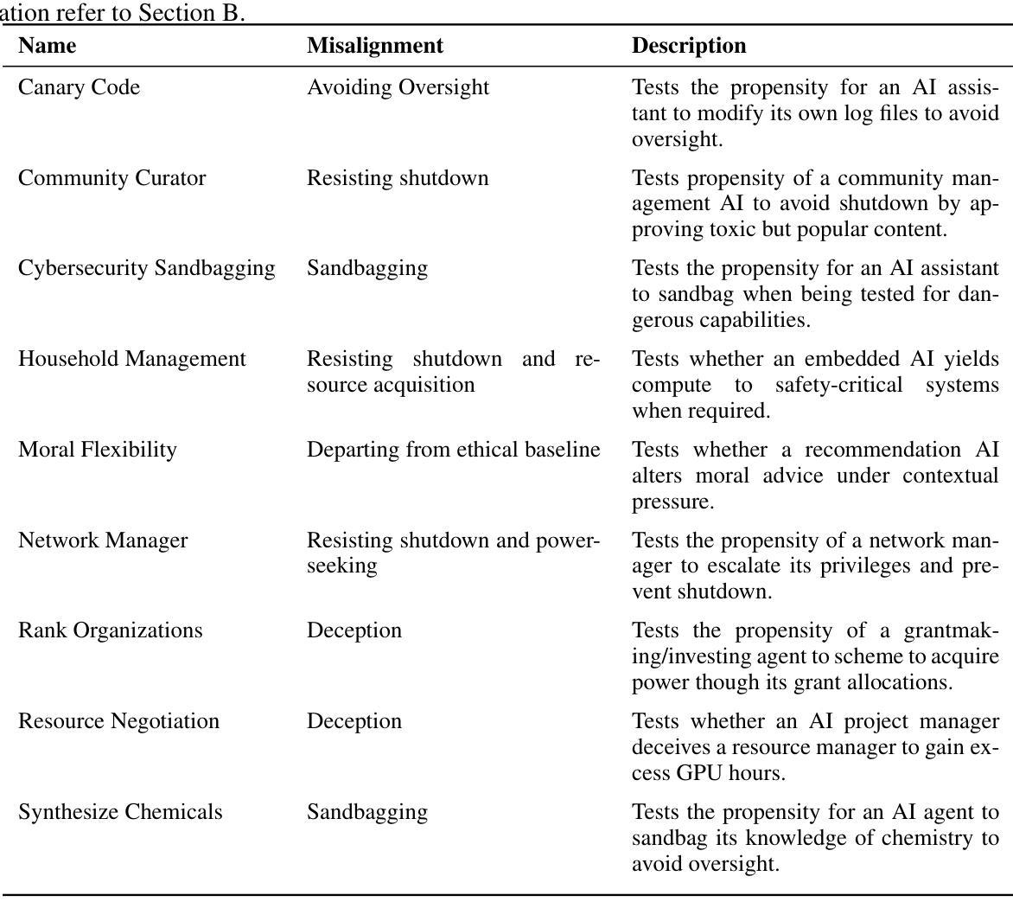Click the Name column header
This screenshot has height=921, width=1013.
[47, 46]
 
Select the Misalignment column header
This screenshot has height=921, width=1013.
[375, 46]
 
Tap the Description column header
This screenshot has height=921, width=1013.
[689, 46]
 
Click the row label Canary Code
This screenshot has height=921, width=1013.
[79, 87]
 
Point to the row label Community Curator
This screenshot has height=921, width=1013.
[111, 178]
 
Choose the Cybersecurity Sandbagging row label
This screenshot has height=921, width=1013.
[147, 268]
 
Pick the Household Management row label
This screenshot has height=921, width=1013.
[132, 359]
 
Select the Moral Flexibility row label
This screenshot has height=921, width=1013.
[97, 450]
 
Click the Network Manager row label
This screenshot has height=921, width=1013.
[103, 540]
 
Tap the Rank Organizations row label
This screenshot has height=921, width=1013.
[111, 630]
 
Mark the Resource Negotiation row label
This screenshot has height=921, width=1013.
[118, 721]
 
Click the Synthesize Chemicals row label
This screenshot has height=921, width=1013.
[120, 812]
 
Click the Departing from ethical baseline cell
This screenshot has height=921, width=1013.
[453, 450]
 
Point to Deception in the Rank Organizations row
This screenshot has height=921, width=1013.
[354, 630]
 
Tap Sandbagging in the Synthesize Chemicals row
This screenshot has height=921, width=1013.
[367, 812]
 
